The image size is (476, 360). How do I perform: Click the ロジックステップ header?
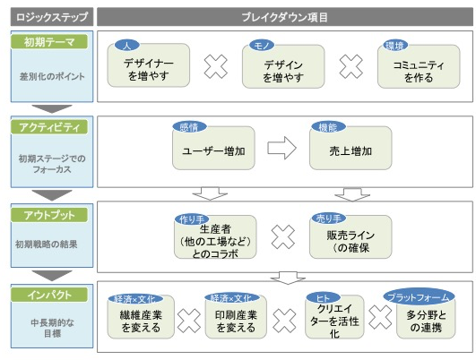(x=52, y=17)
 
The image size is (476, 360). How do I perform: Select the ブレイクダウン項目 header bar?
(x=285, y=17)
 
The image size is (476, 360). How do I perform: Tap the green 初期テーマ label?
(x=49, y=42)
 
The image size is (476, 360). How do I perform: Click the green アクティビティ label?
(x=49, y=127)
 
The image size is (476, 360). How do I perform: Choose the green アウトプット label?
(x=49, y=215)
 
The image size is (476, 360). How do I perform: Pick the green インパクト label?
(x=49, y=295)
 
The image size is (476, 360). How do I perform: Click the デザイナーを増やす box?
(x=149, y=65)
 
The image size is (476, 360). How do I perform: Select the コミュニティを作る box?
(x=419, y=67)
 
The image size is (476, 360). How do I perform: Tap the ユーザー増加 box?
(x=213, y=148)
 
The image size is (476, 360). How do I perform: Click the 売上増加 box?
(x=351, y=148)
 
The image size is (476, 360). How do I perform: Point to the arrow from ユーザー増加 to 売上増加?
(x=281, y=148)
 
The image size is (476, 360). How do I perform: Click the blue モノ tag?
(x=262, y=46)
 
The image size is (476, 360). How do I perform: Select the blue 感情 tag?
(x=189, y=127)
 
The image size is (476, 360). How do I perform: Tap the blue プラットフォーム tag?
(x=419, y=297)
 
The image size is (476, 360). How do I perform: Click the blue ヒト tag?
(x=323, y=298)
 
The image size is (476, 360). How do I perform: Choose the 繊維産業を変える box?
(x=141, y=317)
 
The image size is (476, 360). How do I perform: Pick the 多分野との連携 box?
(x=426, y=318)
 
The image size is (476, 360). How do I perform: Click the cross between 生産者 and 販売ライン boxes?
(x=283, y=237)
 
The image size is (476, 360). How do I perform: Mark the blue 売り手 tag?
(x=329, y=219)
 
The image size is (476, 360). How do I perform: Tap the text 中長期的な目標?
(x=52, y=328)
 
